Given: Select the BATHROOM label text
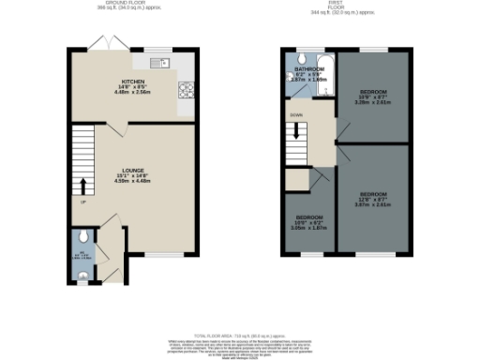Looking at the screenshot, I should click(x=308, y=69).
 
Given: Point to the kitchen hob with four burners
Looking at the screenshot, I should click(x=185, y=91).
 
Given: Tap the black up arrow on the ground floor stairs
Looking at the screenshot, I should click(x=82, y=184).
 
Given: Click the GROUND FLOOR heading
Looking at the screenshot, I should click(x=131, y=5).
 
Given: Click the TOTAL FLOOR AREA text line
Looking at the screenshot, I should click(x=240, y=335).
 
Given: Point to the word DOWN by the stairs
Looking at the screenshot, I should click(x=296, y=115).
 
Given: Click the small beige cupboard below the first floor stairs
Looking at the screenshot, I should click(x=297, y=178).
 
